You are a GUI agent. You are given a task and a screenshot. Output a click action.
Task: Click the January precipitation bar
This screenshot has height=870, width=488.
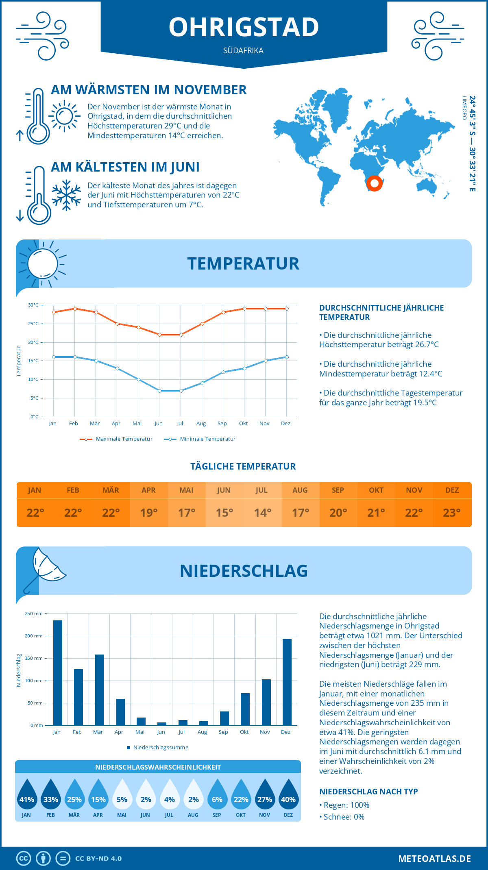coord(58,672)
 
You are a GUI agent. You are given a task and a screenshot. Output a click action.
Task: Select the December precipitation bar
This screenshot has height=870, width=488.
coord(287,682)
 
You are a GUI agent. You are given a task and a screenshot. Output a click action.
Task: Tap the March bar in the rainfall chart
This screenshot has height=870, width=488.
coord(100,689)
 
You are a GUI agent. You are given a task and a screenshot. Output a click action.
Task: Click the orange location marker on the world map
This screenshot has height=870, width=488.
coord(374,183)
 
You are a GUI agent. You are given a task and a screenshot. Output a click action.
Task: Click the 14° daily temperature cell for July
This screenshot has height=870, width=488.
coord(262,513)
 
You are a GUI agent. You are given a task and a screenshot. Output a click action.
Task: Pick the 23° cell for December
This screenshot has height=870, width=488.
coord(452,513)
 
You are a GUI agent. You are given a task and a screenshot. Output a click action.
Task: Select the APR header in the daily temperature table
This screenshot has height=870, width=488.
coord(148,490)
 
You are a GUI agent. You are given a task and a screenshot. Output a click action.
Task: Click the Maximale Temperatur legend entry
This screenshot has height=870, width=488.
coord(116,439)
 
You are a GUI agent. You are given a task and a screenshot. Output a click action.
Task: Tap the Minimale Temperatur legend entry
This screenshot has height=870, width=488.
coord(200,439)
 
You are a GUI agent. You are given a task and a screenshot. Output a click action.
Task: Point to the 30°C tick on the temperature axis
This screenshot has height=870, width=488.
coord(33,305)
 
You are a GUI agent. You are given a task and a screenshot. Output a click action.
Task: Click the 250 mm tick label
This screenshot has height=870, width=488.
coord(34,613)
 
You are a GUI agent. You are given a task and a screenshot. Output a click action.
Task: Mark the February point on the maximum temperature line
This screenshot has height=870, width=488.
coord(75,309)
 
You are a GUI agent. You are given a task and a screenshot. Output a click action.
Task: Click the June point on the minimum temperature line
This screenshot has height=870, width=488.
coord(159,391)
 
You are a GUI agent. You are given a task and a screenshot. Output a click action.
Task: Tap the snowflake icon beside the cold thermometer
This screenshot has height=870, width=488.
coord(66,195)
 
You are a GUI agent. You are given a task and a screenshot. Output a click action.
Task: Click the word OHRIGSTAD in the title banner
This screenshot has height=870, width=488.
coord(244,27)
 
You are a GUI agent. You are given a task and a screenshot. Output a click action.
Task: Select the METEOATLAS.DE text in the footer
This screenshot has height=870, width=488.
coord(434,859)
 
